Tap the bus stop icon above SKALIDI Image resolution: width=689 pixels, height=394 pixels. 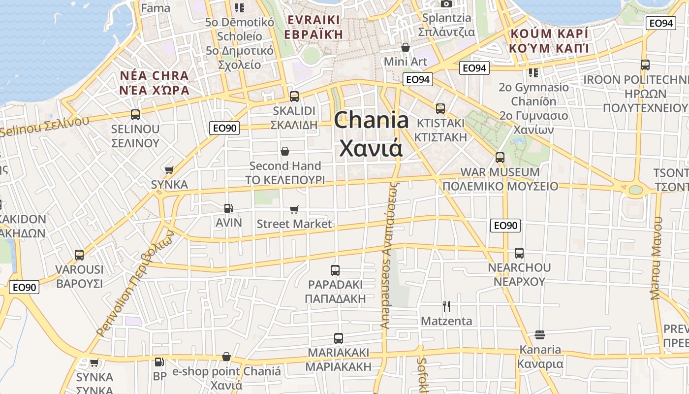(x=294, y=97)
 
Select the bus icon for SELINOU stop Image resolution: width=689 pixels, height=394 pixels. (x=135, y=115)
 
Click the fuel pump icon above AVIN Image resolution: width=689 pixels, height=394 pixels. (x=228, y=208)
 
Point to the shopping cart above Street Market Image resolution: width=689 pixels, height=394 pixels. (x=294, y=210)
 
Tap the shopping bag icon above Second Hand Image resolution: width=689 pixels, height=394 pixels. (x=285, y=151)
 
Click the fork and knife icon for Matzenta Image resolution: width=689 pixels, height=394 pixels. (x=446, y=306)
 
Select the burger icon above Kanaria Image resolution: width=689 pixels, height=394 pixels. (x=539, y=335)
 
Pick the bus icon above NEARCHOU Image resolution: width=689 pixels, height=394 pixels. (x=519, y=253)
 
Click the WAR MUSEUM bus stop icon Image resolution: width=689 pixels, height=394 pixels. (x=500, y=158)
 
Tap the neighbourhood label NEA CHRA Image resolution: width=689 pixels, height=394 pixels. (x=154, y=76)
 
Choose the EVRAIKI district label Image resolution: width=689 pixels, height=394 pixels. (x=313, y=20)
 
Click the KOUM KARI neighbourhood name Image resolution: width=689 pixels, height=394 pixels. (x=549, y=34)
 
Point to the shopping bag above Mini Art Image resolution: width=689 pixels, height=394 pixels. (x=406, y=47)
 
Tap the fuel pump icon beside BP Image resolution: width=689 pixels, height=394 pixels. (x=159, y=362)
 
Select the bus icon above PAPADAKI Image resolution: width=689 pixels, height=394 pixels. (x=335, y=270)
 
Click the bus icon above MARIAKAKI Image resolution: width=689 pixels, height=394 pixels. (x=338, y=338)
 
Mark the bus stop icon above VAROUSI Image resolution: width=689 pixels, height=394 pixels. (x=79, y=255)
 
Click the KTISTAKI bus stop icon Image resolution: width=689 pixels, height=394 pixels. (x=440, y=108)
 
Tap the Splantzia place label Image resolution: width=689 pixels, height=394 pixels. (x=446, y=18)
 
